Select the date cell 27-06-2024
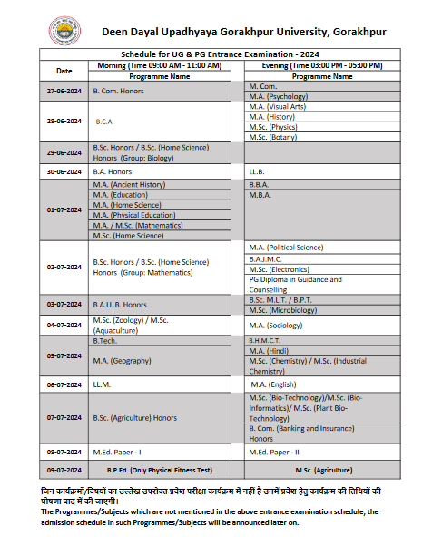pyautogui.click(x=64, y=92)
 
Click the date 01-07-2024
pyautogui.click(x=64, y=209)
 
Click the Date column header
pyautogui.click(x=64, y=71)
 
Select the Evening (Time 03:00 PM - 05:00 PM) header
pyautogui.click(x=322, y=65)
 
